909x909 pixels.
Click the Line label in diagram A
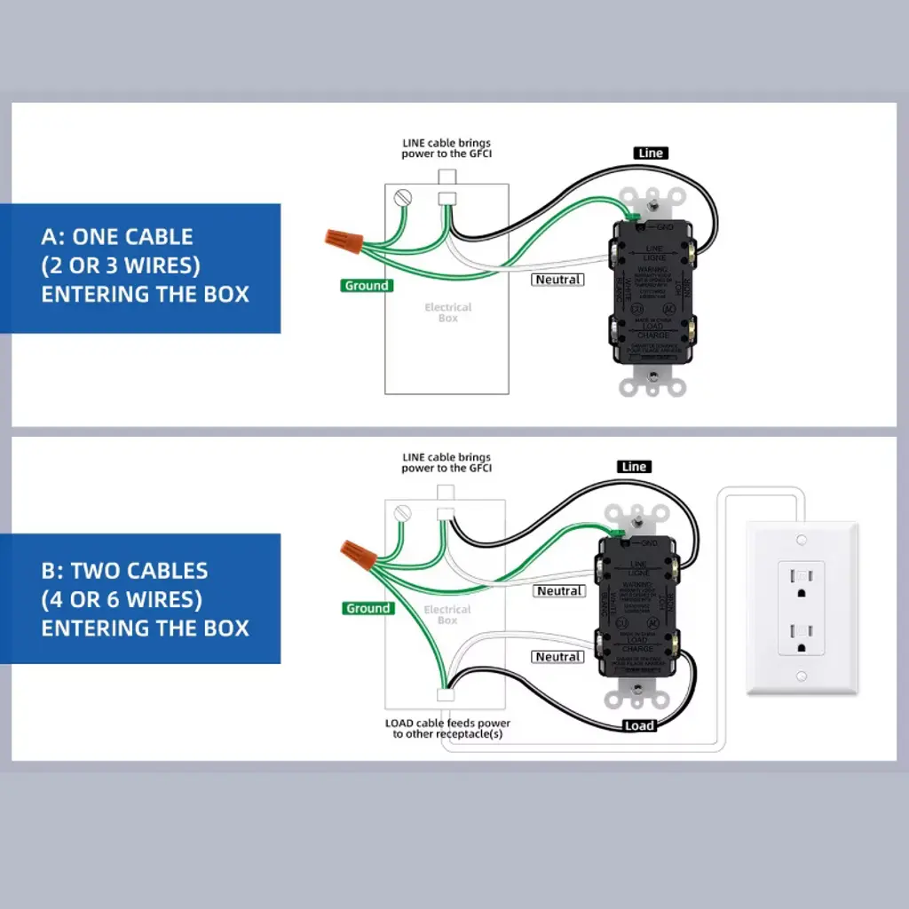pos(651,154)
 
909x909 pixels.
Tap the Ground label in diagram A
pos(367,286)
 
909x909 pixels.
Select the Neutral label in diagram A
pos(557,280)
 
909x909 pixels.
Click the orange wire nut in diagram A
pos(343,238)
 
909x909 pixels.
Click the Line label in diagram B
pos(634,467)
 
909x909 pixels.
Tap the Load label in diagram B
pos(638,725)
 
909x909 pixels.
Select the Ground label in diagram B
pos(368,608)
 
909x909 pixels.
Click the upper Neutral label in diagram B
pos(559,591)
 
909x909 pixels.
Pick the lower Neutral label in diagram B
pos(558,657)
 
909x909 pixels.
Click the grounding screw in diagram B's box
pos(405,512)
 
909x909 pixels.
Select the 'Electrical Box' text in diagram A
pos(447,312)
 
